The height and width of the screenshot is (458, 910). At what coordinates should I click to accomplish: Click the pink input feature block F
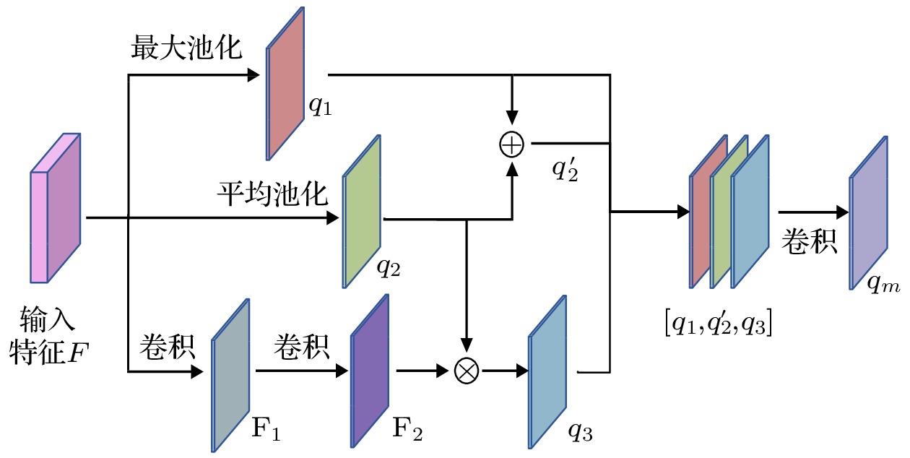click(x=56, y=207)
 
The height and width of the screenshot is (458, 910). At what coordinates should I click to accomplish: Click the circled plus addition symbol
click(x=511, y=144)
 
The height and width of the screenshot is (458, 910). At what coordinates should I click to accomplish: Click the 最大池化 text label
click(x=186, y=49)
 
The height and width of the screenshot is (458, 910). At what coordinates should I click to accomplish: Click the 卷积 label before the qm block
click(x=809, y=243)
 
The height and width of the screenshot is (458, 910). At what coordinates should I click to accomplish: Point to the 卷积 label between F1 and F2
click(x=301, y=348)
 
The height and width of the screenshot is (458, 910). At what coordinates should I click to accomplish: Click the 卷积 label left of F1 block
click(x=166, y=348)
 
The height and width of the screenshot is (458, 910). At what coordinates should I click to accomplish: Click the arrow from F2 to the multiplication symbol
click(x=424, y=371)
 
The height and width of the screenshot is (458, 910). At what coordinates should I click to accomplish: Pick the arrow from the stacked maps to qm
click(x=812, y=212)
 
